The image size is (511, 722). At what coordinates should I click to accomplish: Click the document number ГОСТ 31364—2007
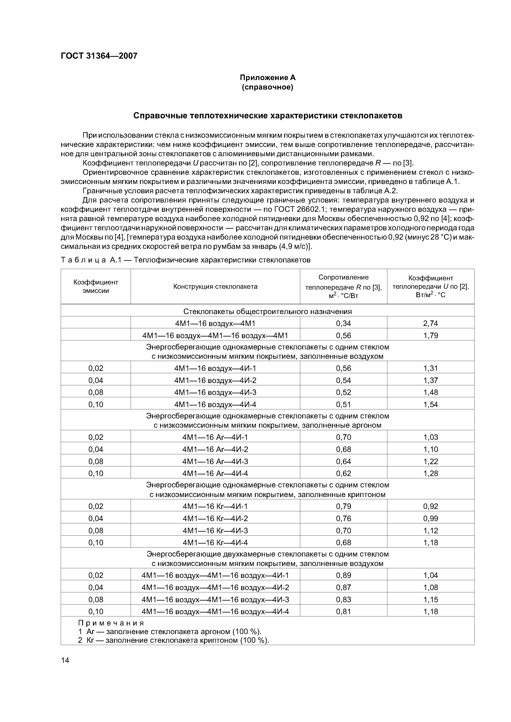99,56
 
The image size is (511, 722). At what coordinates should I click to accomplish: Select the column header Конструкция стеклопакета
215,286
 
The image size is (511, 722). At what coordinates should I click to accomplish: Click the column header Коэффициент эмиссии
96,286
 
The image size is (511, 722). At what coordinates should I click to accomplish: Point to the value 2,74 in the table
430,323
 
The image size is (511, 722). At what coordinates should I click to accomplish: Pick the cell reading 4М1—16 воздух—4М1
215,323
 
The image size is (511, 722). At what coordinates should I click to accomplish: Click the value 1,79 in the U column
430,335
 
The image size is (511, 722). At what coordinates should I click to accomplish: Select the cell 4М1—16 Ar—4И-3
215,461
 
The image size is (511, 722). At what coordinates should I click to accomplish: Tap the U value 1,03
430,437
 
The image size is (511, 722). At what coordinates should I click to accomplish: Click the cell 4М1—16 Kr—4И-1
215,506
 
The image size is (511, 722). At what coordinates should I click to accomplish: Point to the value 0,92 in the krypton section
430,506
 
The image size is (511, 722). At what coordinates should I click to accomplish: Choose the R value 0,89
343,575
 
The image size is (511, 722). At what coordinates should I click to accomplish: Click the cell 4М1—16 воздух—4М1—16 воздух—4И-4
215,611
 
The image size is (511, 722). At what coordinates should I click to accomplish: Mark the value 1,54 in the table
430,404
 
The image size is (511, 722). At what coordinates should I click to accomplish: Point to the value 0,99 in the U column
430,518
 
